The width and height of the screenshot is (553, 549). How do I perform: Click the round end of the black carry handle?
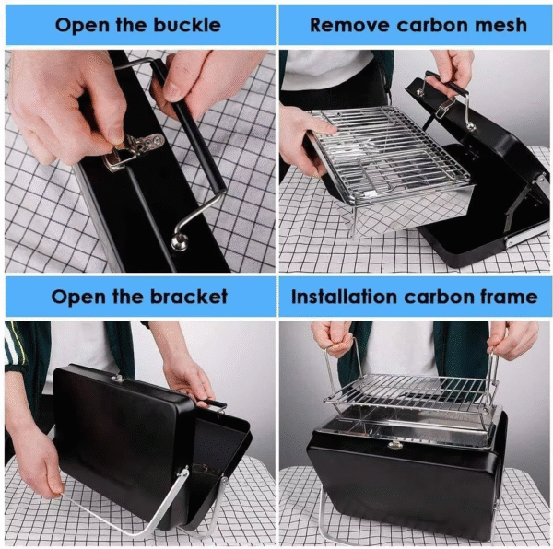pos(179,243)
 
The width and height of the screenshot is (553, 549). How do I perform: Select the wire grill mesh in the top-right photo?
pos(387,147)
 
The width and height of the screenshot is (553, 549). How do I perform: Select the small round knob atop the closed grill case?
pos(117,379)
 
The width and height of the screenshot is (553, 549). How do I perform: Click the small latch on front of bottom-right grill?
pos(394,445)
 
